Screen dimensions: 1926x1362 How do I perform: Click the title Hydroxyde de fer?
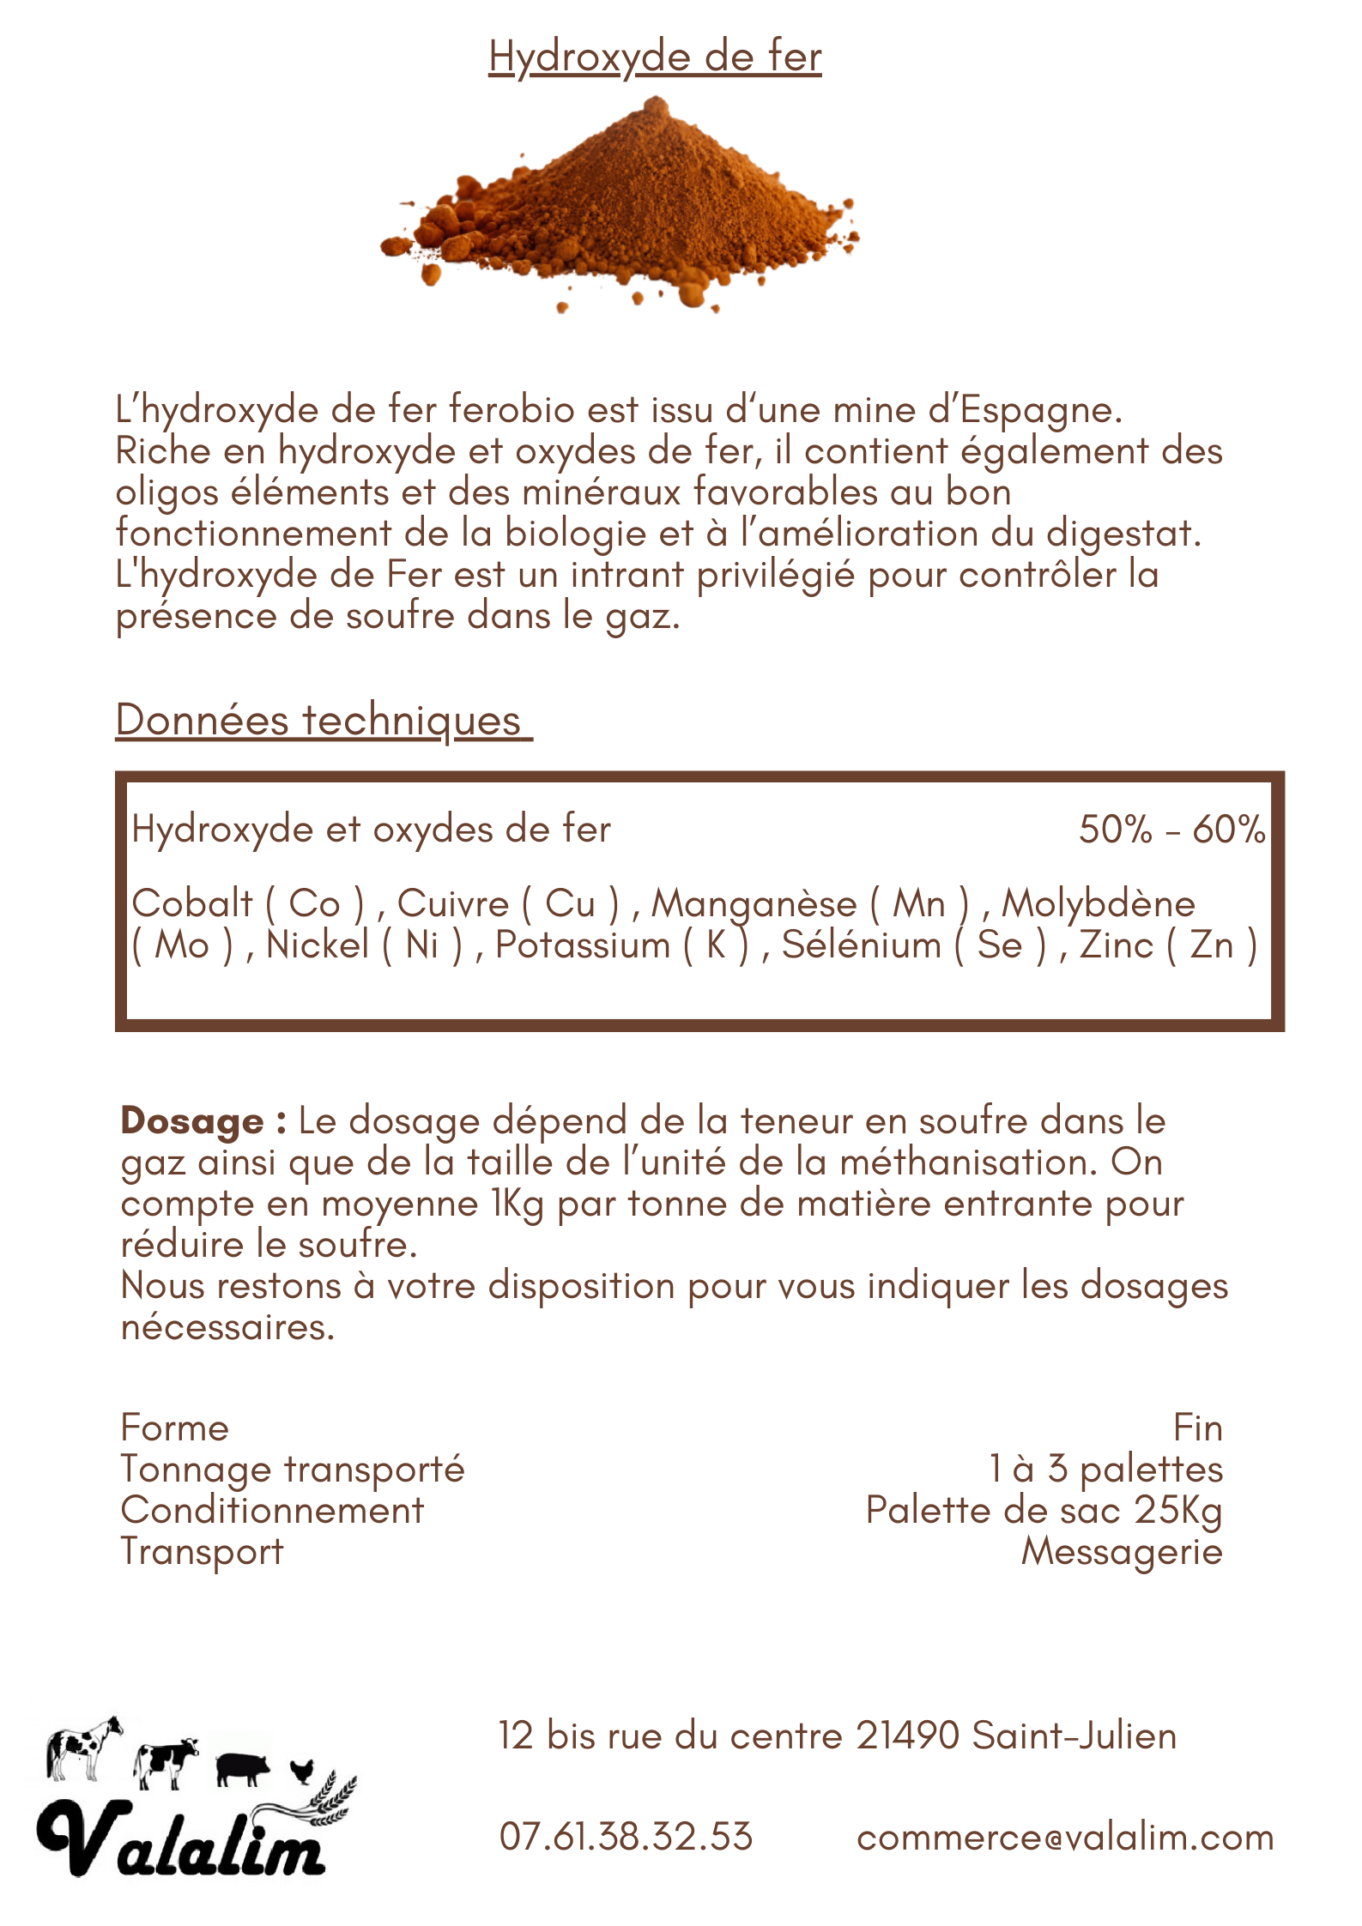655,57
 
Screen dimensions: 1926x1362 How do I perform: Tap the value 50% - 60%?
1171,830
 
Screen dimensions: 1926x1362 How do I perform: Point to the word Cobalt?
192,903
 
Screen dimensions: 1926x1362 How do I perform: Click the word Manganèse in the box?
754,904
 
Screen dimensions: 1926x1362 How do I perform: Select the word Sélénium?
862,945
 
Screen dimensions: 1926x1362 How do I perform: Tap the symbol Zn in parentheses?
1211,945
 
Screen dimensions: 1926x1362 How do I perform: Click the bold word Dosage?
192,1120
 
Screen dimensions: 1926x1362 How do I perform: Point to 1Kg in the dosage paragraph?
518,1204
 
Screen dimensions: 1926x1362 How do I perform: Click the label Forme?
175,1428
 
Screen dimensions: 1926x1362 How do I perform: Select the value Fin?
1197,1428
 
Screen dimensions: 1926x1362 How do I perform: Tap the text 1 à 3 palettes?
1105,1469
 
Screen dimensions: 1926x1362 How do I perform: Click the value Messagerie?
1121,1551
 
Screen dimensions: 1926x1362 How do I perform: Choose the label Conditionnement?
272,1510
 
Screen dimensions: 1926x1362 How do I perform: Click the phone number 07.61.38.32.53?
626,1837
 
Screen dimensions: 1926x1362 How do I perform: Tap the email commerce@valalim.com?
1065,1837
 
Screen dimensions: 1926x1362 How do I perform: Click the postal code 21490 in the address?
907,1736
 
